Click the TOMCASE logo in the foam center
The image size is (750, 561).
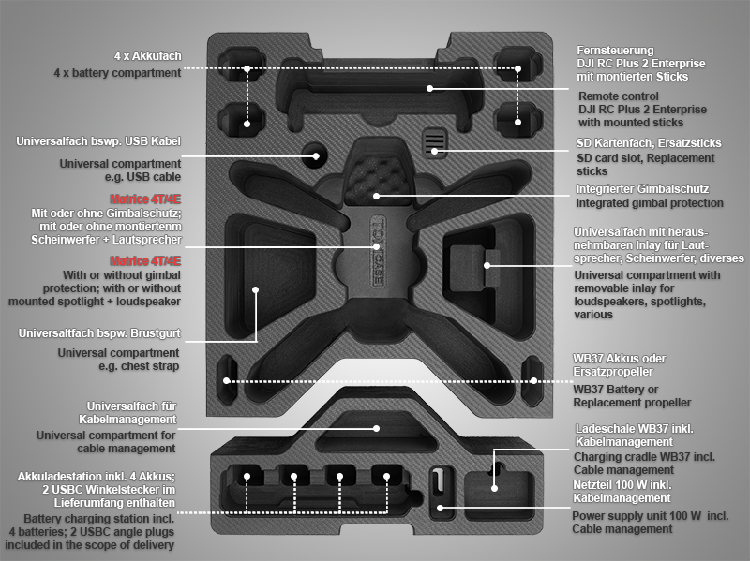378,251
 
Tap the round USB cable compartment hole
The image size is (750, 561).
315,155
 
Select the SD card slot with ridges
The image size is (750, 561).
434,142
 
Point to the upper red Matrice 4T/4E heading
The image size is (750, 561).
145,199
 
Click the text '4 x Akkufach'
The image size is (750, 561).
148,56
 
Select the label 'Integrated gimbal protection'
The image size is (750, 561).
649,203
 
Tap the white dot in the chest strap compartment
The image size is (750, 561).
255,289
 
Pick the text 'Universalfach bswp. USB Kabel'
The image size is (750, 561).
98,141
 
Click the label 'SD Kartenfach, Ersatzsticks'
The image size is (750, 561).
649,143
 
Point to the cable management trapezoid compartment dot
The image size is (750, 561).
377,428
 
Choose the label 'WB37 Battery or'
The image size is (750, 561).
616,390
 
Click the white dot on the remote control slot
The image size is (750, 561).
429,88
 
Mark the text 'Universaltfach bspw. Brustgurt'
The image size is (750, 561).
99,333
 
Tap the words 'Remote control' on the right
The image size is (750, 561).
619,96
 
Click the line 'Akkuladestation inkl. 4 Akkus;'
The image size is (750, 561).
97,477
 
